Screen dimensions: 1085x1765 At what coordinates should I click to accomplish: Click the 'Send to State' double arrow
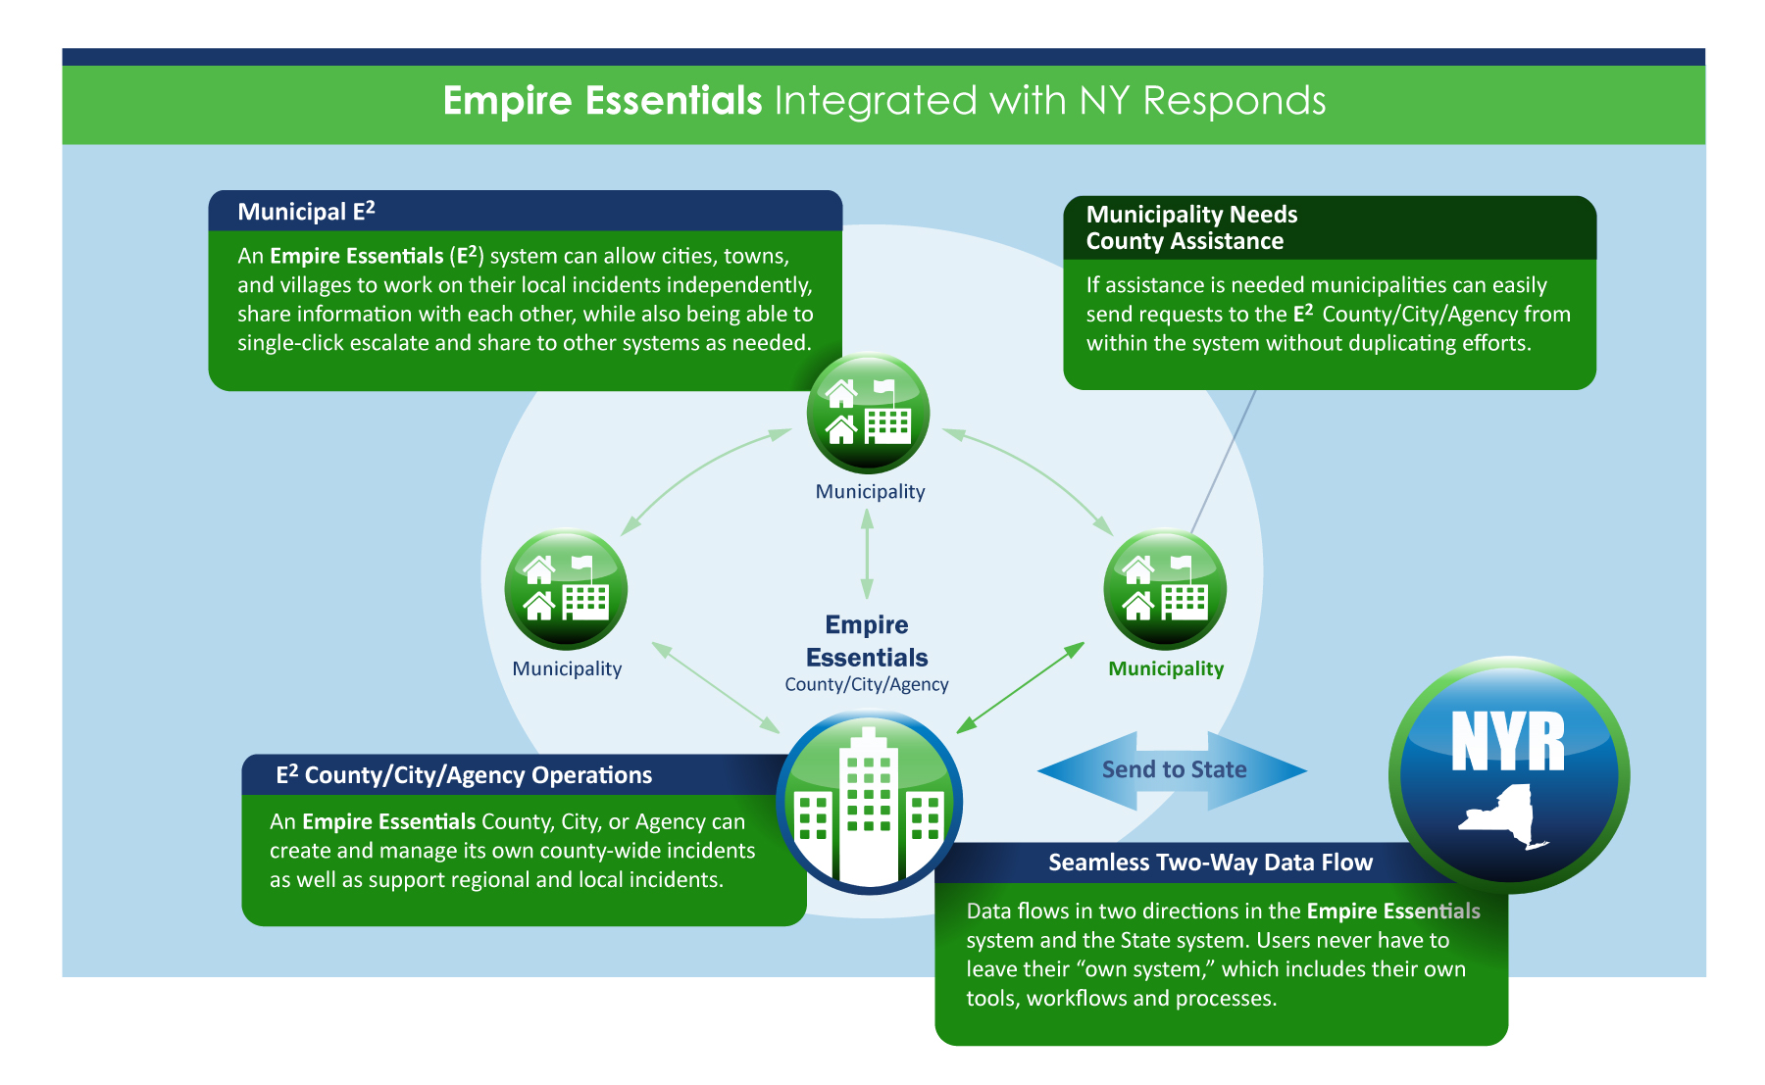point(1173,770)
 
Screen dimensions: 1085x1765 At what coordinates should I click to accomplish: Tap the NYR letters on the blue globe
point(1507,742)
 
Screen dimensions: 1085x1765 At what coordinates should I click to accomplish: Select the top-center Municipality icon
point(868,414)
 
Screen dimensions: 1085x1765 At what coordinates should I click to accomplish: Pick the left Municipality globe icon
point(566,590)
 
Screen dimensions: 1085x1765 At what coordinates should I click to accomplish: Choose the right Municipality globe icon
point(1165,590)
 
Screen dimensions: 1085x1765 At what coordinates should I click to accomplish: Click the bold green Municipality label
point(1166,668)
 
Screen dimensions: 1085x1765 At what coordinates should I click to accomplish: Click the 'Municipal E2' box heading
point(306,212)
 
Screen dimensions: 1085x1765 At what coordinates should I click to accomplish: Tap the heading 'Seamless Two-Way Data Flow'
point(1210,863)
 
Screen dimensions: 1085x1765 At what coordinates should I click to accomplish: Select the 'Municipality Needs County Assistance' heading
point(1190,227)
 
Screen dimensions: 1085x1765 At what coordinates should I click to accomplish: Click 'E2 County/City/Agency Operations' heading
point(464,775)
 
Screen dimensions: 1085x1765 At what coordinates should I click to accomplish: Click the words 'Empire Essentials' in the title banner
point(602,101)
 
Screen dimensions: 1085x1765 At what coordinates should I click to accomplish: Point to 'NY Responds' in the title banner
point(1202,101)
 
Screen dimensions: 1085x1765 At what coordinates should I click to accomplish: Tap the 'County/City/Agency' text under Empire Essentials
point(867,684)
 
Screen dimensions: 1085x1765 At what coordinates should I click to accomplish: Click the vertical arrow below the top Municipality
point(867,554)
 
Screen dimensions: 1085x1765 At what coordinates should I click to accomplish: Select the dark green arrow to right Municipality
point(1021,688)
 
